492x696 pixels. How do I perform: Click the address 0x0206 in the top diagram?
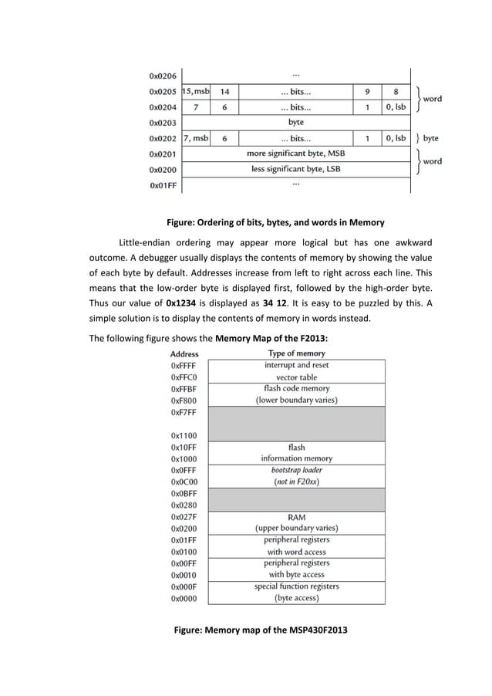pyautogui.click(x=162, y=76)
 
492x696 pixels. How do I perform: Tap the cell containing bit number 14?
pyautogui.click(x=224, y=92)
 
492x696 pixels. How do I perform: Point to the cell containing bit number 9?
pyautogui.click(x=367, y=92)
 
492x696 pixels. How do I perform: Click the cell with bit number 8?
pyautogui.click(x=396, y=92)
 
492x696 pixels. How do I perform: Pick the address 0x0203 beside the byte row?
pyautogui.click(x=162, y=123)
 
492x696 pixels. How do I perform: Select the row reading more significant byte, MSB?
pyautogui.click(x=295, y=154)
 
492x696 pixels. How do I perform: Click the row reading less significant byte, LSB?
pyautogui.click(x=295, y=169)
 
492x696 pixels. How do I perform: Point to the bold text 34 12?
pyautogui.click(x=275, y=302)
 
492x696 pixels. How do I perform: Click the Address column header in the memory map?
pyautogui.click(x=184, y=353)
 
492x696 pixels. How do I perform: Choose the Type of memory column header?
pyautogui.click(x=296, y=353)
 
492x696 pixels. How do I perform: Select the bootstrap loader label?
pyautogui.click(x=296, y=470)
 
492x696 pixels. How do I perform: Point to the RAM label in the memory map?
pyautogui.click(x=296, y=517)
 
